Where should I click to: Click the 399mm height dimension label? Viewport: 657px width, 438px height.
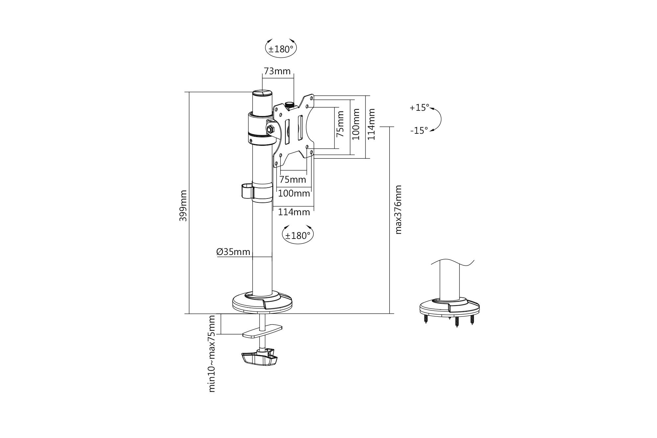[x=183, y=205]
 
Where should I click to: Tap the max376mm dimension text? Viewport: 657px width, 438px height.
[x=398, y=210]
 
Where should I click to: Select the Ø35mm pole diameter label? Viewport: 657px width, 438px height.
[x=233, y=252]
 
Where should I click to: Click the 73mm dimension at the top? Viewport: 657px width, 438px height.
[x=277, y=71]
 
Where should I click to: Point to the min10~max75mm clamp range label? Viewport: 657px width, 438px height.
[x=212, y=354]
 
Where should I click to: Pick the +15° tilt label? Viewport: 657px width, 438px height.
[x=419, y=108]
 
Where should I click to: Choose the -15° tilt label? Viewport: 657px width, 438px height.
[x=419, y=130]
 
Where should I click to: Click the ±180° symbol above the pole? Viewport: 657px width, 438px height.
[x=281, y=49]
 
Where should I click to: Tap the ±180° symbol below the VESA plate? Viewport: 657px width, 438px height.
[x=298, y=236]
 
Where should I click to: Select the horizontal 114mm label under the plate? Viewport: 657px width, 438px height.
[x=294, y=212]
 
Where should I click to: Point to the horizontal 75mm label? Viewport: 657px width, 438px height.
[x=292, y=180]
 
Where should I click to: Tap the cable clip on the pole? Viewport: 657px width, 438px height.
[x=247, y=192]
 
